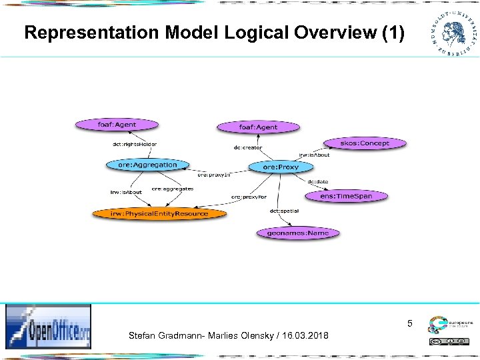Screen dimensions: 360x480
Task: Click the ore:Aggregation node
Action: tap(147, 165)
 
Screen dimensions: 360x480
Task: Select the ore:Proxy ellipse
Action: tap(281, 167)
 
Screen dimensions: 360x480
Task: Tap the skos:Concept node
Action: tap(364, 143)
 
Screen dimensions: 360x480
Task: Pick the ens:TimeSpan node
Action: tap(346, 196)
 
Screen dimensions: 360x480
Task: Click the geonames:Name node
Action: tap(297, 233)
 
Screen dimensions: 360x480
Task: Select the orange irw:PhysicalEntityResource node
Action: tap(159, 213)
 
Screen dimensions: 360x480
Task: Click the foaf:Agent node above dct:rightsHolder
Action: tap(117, 124)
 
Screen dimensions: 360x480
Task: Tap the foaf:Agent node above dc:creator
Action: tap(258, 127)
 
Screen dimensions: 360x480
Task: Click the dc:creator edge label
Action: tap(248, 147)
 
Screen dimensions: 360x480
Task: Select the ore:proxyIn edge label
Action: tap(214, 175)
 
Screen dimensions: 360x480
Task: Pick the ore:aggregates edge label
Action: tap(173, 189)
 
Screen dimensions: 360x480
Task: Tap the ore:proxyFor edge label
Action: tap(249, 197)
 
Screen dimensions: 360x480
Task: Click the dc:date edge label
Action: tap(317, 181)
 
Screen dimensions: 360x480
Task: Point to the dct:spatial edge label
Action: tap(284, 211)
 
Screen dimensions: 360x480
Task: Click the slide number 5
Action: tap(410, 324)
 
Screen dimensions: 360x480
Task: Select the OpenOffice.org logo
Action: tap(49, 327)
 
